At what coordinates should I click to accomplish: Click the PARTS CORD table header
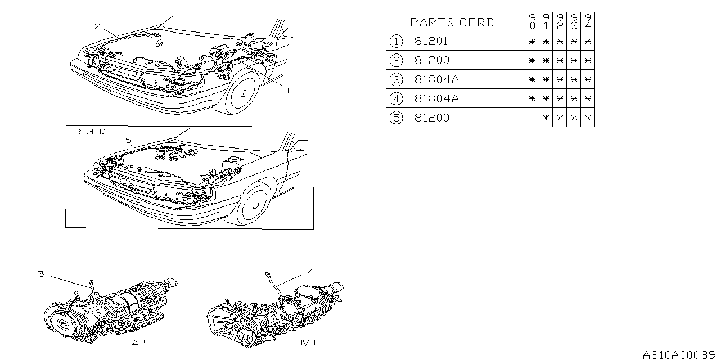(x=452, y=22)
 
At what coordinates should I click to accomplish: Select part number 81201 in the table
(x=432, y=41)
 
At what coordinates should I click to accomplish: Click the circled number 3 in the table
(x=397, y=79)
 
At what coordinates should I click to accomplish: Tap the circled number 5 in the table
(x=397, y=118)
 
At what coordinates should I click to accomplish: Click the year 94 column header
(x=587, y=22)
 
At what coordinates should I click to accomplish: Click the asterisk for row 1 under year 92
(x=560, y=41)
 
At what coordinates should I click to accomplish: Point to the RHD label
(x=89, y=132)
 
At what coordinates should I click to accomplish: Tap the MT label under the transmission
(x=309, y=343)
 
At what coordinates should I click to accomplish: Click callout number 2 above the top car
(x=97, y=26)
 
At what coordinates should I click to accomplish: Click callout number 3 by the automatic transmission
(x=41, y=274)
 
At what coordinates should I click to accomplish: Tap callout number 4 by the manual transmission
(x=311, y=272)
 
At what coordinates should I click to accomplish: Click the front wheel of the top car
(x=246, y=94)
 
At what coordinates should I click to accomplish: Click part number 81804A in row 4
(x=436, y=98)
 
